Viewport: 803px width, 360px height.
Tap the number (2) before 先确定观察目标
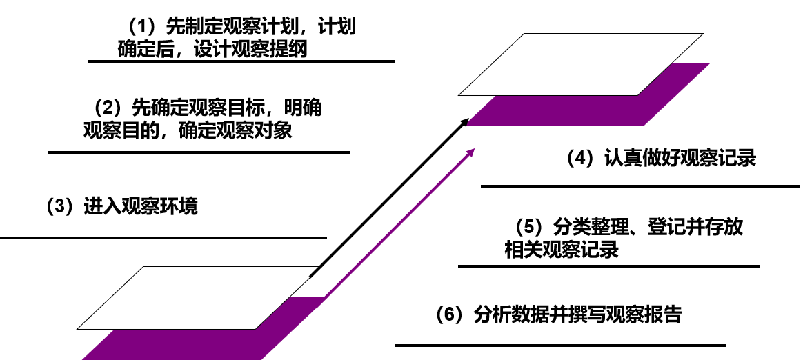pos(108,108)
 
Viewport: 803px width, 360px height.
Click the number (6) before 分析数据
pos(450,314)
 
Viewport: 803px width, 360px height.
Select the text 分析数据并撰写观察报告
pos(578,314)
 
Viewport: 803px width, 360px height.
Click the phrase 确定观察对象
pos(235,131)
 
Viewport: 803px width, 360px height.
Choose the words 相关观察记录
pos(562,249)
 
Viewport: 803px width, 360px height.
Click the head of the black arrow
pos(466,123)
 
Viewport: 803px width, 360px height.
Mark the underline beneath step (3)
pos(163,238)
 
